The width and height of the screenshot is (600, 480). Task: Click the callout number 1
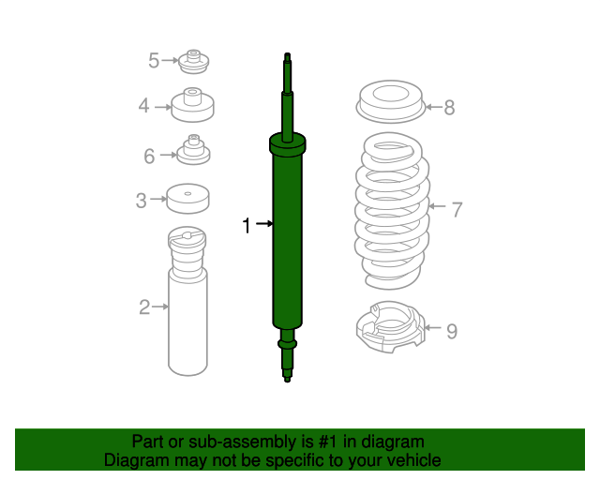(247, 225)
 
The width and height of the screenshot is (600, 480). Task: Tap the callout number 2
(144, 307)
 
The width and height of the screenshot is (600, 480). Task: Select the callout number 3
(141, 200)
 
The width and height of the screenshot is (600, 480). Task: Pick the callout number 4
(143, 106)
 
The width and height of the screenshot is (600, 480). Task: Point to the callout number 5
(154, 61)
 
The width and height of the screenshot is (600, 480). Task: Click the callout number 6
(149, 157)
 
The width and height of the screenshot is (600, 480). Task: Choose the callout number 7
(457, 209)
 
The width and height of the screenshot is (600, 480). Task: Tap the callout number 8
(449, 107)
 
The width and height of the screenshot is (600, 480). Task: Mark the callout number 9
(451, 330)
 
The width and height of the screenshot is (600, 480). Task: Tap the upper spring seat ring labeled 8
(391, 103)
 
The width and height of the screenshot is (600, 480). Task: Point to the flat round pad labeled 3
(187, 198)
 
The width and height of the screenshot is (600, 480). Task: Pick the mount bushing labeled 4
(193, 105)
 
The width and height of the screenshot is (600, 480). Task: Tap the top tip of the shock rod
(288, 55)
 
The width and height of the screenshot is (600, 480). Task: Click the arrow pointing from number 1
(263, 224)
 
